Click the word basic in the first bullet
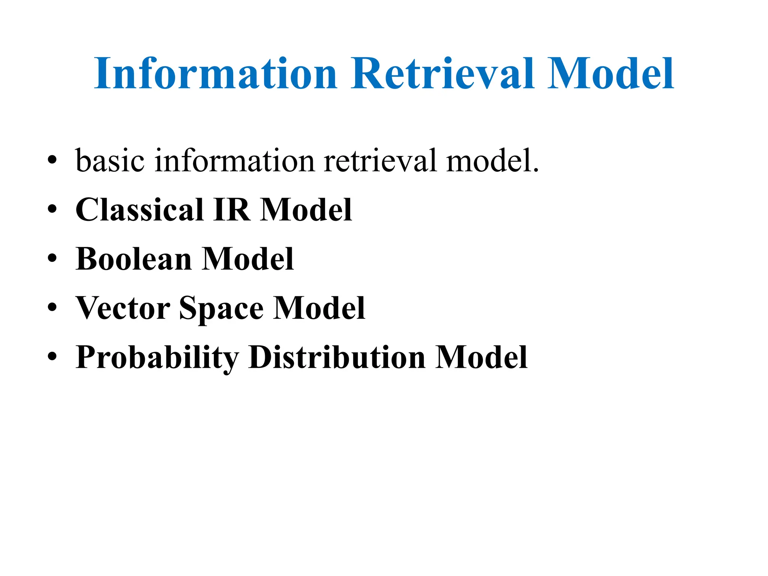point(110,160)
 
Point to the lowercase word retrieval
point(380,160)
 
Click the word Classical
point(139,210)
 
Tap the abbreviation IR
point(231,210)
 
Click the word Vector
point(123,308)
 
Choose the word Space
point(221,309)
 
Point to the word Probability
point(157,357)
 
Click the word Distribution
point(336,357)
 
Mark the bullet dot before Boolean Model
point(52,259)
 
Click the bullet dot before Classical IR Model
point(52,210)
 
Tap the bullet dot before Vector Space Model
point(52,308)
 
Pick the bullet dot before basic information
point(52,160)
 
